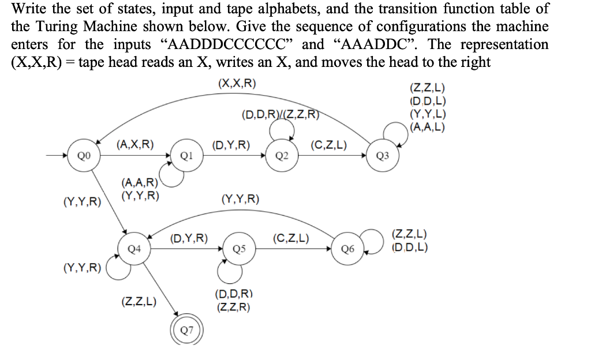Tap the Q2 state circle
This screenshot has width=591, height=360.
click(x=282, y=155)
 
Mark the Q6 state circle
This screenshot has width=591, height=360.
click(x=347, y=249)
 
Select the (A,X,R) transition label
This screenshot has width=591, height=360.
click(x=134, y=144)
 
